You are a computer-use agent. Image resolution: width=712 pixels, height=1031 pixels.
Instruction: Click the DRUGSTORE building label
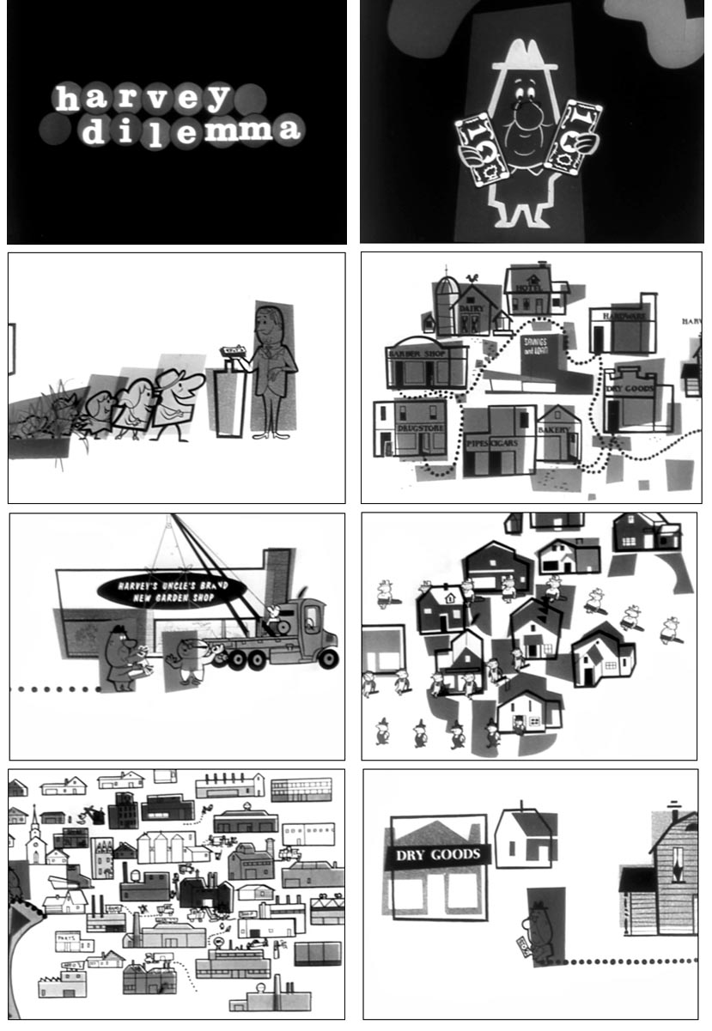420,427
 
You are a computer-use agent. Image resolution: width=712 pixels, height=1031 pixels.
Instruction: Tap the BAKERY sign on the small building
554,428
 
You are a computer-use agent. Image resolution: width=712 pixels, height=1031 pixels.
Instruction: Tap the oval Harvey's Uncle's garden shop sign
172,589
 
